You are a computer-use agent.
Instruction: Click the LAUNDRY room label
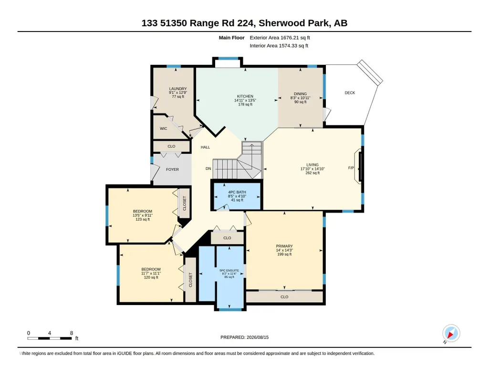178,89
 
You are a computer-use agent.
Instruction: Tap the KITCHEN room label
245,96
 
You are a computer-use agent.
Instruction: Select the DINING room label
301,94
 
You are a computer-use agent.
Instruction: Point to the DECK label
350,93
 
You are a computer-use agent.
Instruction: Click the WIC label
164,128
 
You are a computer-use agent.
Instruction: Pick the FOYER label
172,169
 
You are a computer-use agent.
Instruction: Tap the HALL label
205,147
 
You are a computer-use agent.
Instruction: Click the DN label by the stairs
208,168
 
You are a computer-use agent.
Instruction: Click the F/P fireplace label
351,168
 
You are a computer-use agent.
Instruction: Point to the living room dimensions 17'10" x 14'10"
312,169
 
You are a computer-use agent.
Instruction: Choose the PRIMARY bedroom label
284,246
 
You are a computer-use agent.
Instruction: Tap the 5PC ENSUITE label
229,271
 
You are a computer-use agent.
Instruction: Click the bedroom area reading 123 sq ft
143,219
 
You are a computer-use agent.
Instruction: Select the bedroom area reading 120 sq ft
151,277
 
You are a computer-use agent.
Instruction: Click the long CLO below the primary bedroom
284,297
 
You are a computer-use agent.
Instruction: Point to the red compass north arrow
450,335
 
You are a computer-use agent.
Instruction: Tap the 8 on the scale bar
72,333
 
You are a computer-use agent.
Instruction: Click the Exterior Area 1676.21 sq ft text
280,38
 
